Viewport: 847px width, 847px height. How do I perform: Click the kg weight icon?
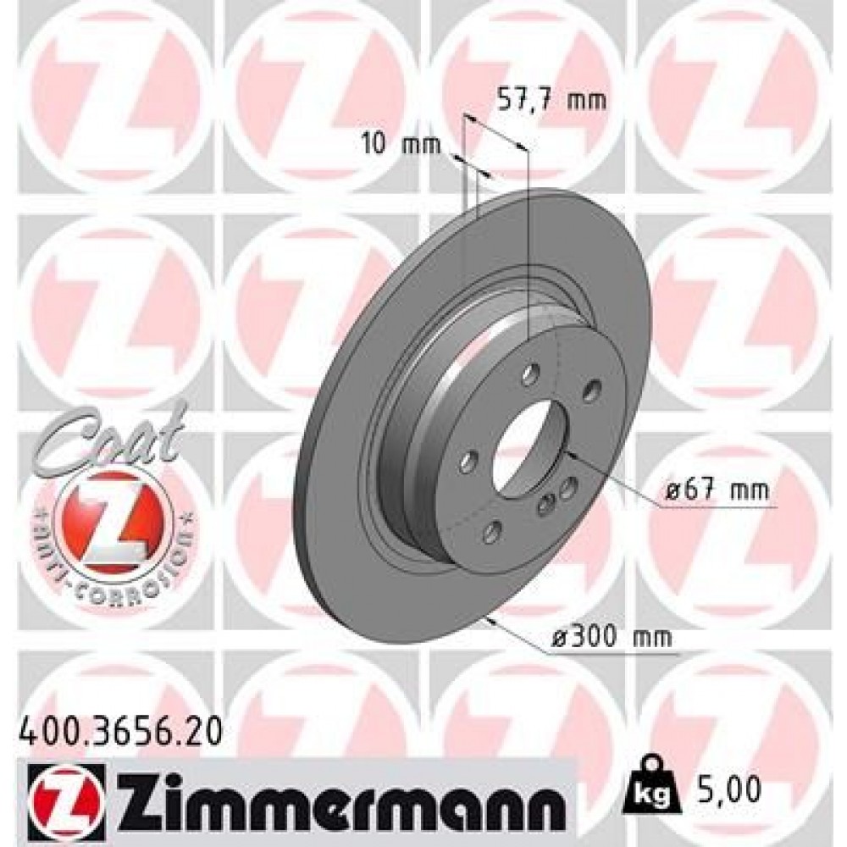click(647, 787)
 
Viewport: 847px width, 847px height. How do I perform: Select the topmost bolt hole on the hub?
click(529, 374)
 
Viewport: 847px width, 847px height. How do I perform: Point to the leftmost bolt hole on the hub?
click(467, 461)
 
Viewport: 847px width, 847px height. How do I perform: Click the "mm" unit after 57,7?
click(585, 101)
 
